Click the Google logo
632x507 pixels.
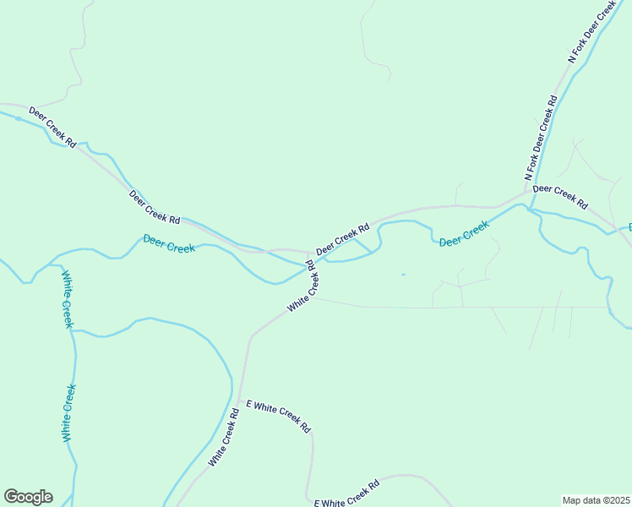point(28,497)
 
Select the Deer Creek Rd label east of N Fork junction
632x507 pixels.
point(559,196)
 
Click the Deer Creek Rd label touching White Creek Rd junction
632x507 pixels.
point(343,240)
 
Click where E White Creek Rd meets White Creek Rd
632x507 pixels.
point(241,399)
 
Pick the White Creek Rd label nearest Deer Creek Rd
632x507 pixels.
point(302,287)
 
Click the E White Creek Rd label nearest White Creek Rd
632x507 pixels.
point(278,417)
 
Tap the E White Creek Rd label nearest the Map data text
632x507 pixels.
point(347,493)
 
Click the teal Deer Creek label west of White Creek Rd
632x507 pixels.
point(169,243)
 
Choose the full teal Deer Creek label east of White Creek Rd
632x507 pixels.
point(464,233)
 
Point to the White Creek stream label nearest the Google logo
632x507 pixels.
point(69,412)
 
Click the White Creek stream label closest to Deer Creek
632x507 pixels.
point(67,299)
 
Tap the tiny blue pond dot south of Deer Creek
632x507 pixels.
point(402,274)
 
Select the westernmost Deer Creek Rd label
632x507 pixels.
point(52,127)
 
